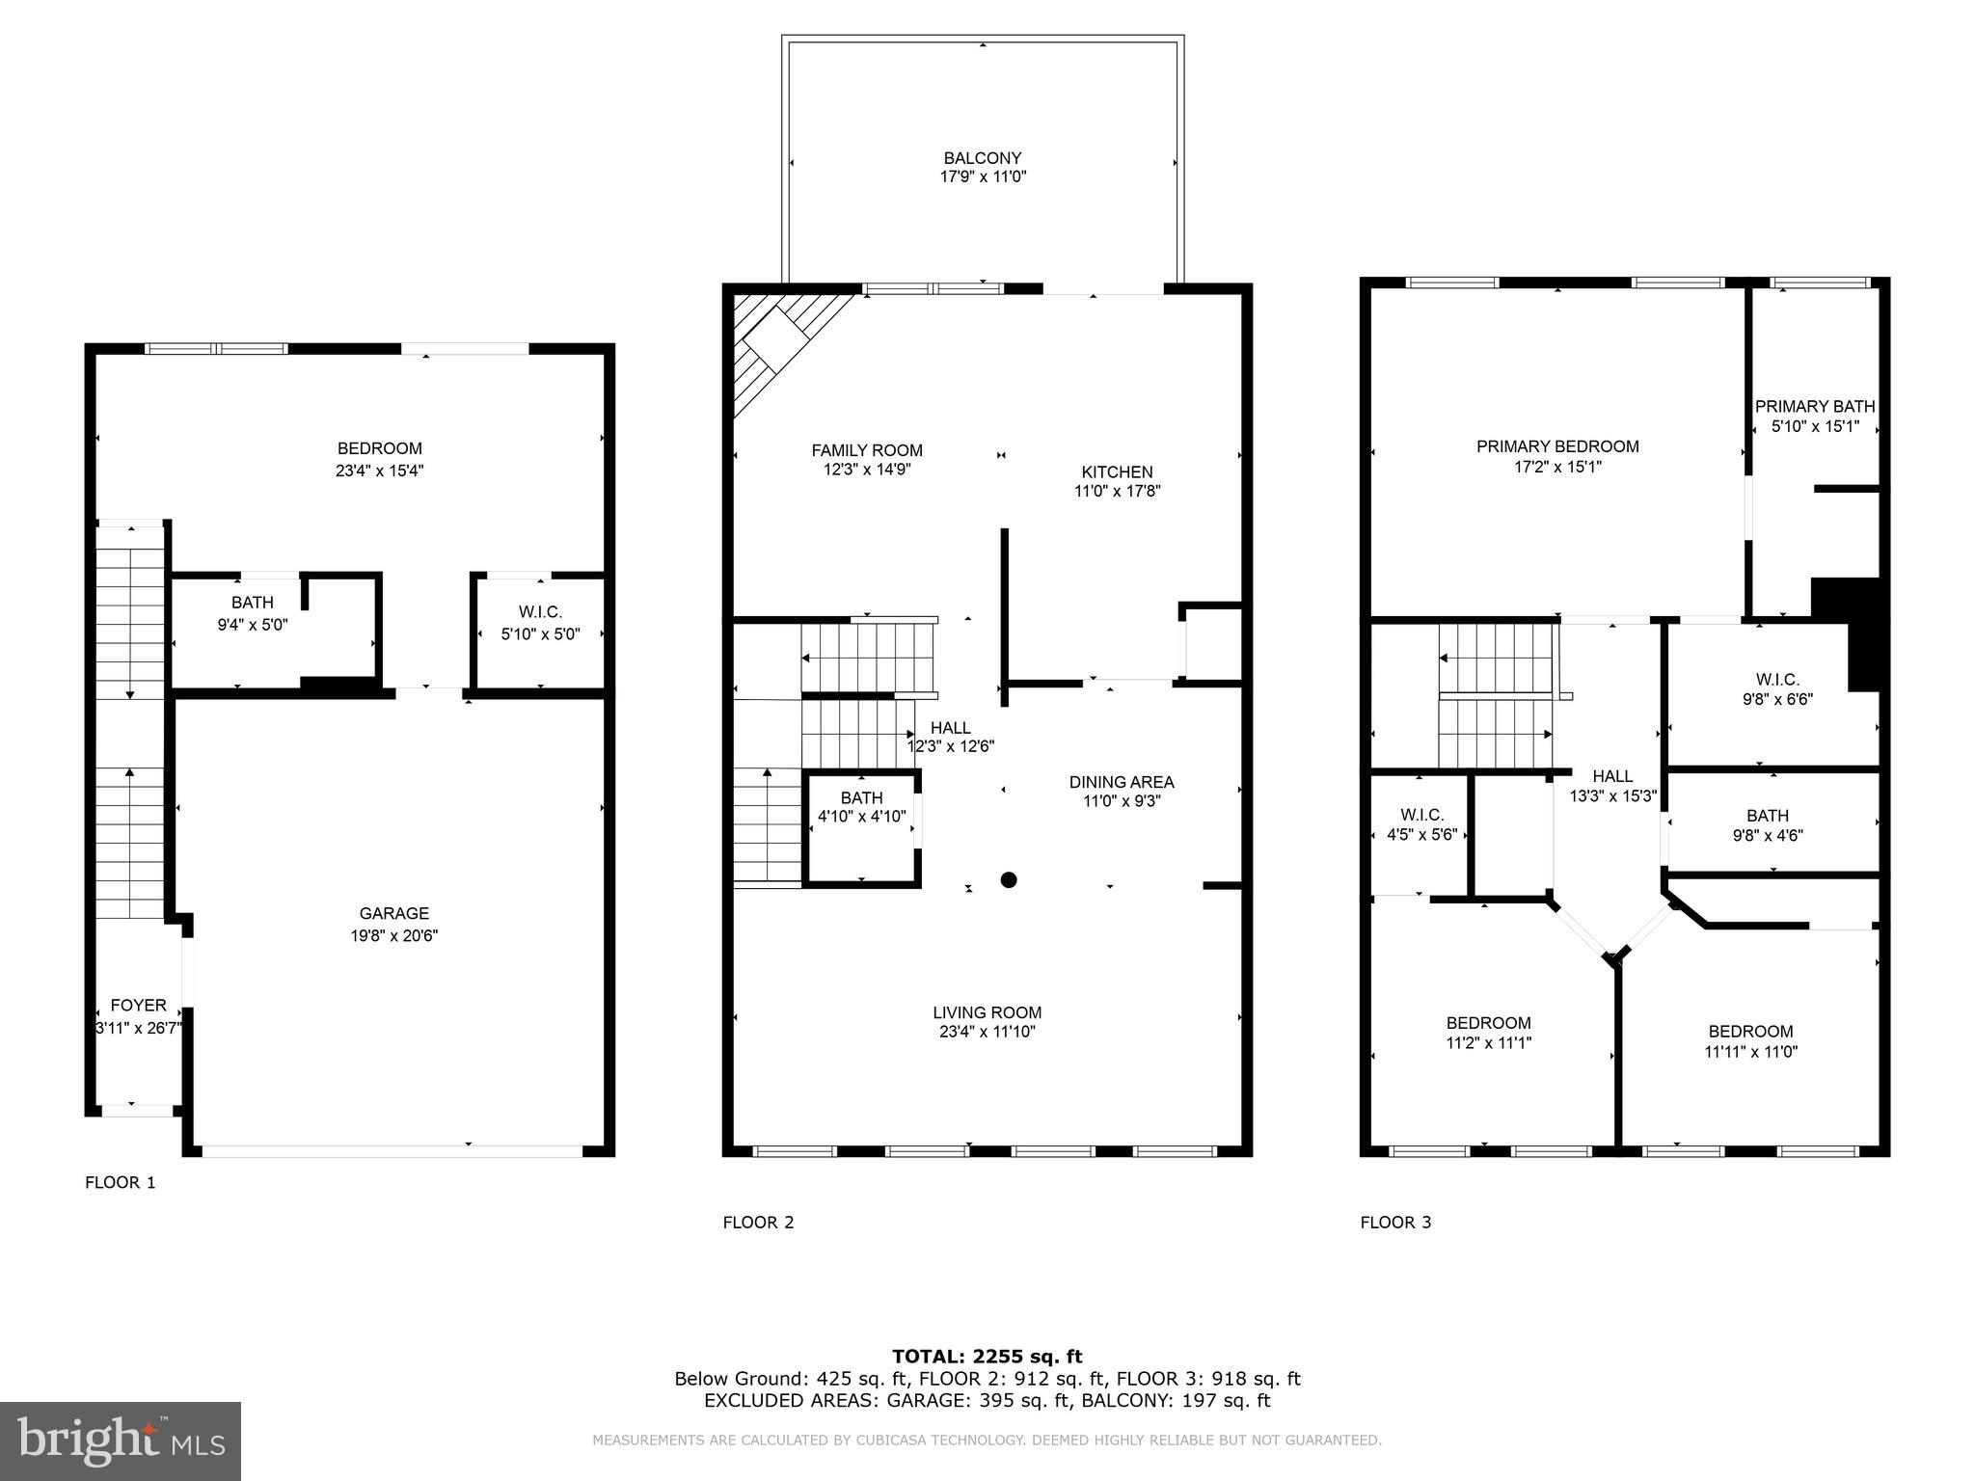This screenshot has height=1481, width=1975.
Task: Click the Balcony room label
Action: point(982,158)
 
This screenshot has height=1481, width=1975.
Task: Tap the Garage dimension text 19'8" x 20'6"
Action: point(394,935)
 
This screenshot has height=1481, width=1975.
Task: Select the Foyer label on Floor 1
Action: point(138,1005)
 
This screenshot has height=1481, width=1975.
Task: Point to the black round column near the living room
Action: point(1009,879)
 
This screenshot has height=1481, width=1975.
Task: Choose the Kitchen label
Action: point(1117,471)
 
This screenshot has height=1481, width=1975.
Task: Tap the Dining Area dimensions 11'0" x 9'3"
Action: point(1122,801)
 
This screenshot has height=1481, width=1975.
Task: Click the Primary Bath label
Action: point(1815,406)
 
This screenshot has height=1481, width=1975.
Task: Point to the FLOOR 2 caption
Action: point(758,1223)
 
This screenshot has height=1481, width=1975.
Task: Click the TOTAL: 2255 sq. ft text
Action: point(987,1357)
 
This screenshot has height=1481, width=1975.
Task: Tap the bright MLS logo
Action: point(121,1441)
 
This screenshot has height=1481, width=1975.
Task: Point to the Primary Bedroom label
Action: point(1557,446)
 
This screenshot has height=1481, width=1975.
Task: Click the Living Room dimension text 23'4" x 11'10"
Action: point(987,1032)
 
